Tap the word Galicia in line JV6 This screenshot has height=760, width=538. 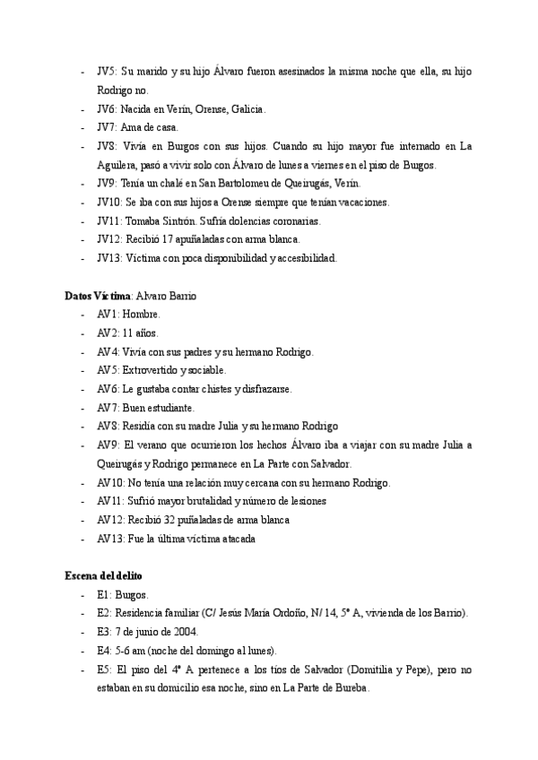tap(247, 108)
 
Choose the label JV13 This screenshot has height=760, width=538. tap(110, 258)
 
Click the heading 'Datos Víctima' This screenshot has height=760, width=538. tap(98, 296)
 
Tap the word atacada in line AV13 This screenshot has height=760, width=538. tap(235, 539)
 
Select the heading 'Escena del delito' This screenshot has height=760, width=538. tap(103, 575)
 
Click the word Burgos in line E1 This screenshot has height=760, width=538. tap(133, 594)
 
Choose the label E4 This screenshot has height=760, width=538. tap(104, 650)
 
